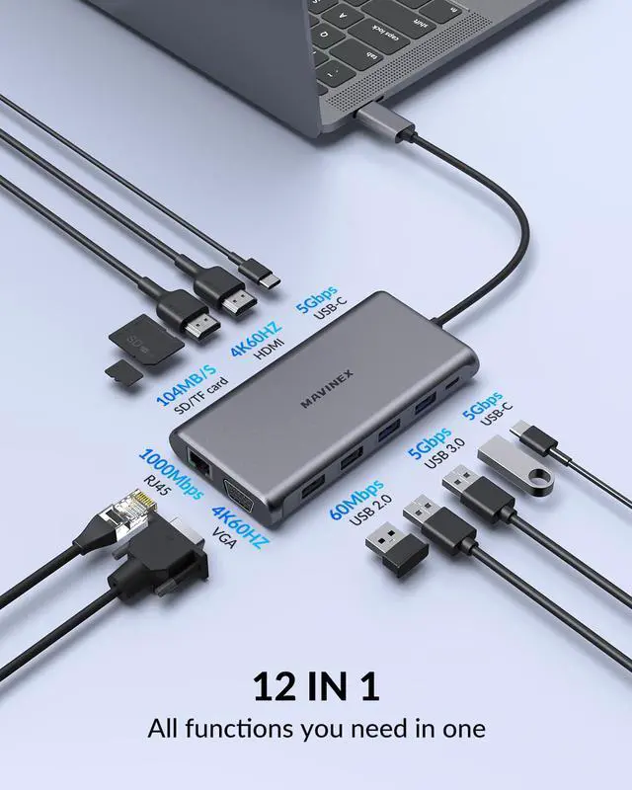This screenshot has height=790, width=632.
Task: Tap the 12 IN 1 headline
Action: [x=316, y=685]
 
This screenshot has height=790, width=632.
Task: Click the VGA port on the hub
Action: [x=241, y=493]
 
